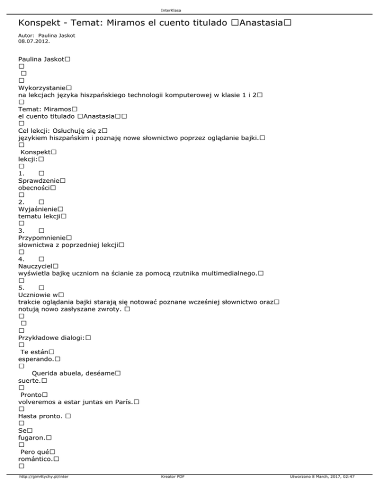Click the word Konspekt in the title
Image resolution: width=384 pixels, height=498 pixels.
tap(39, 23)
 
